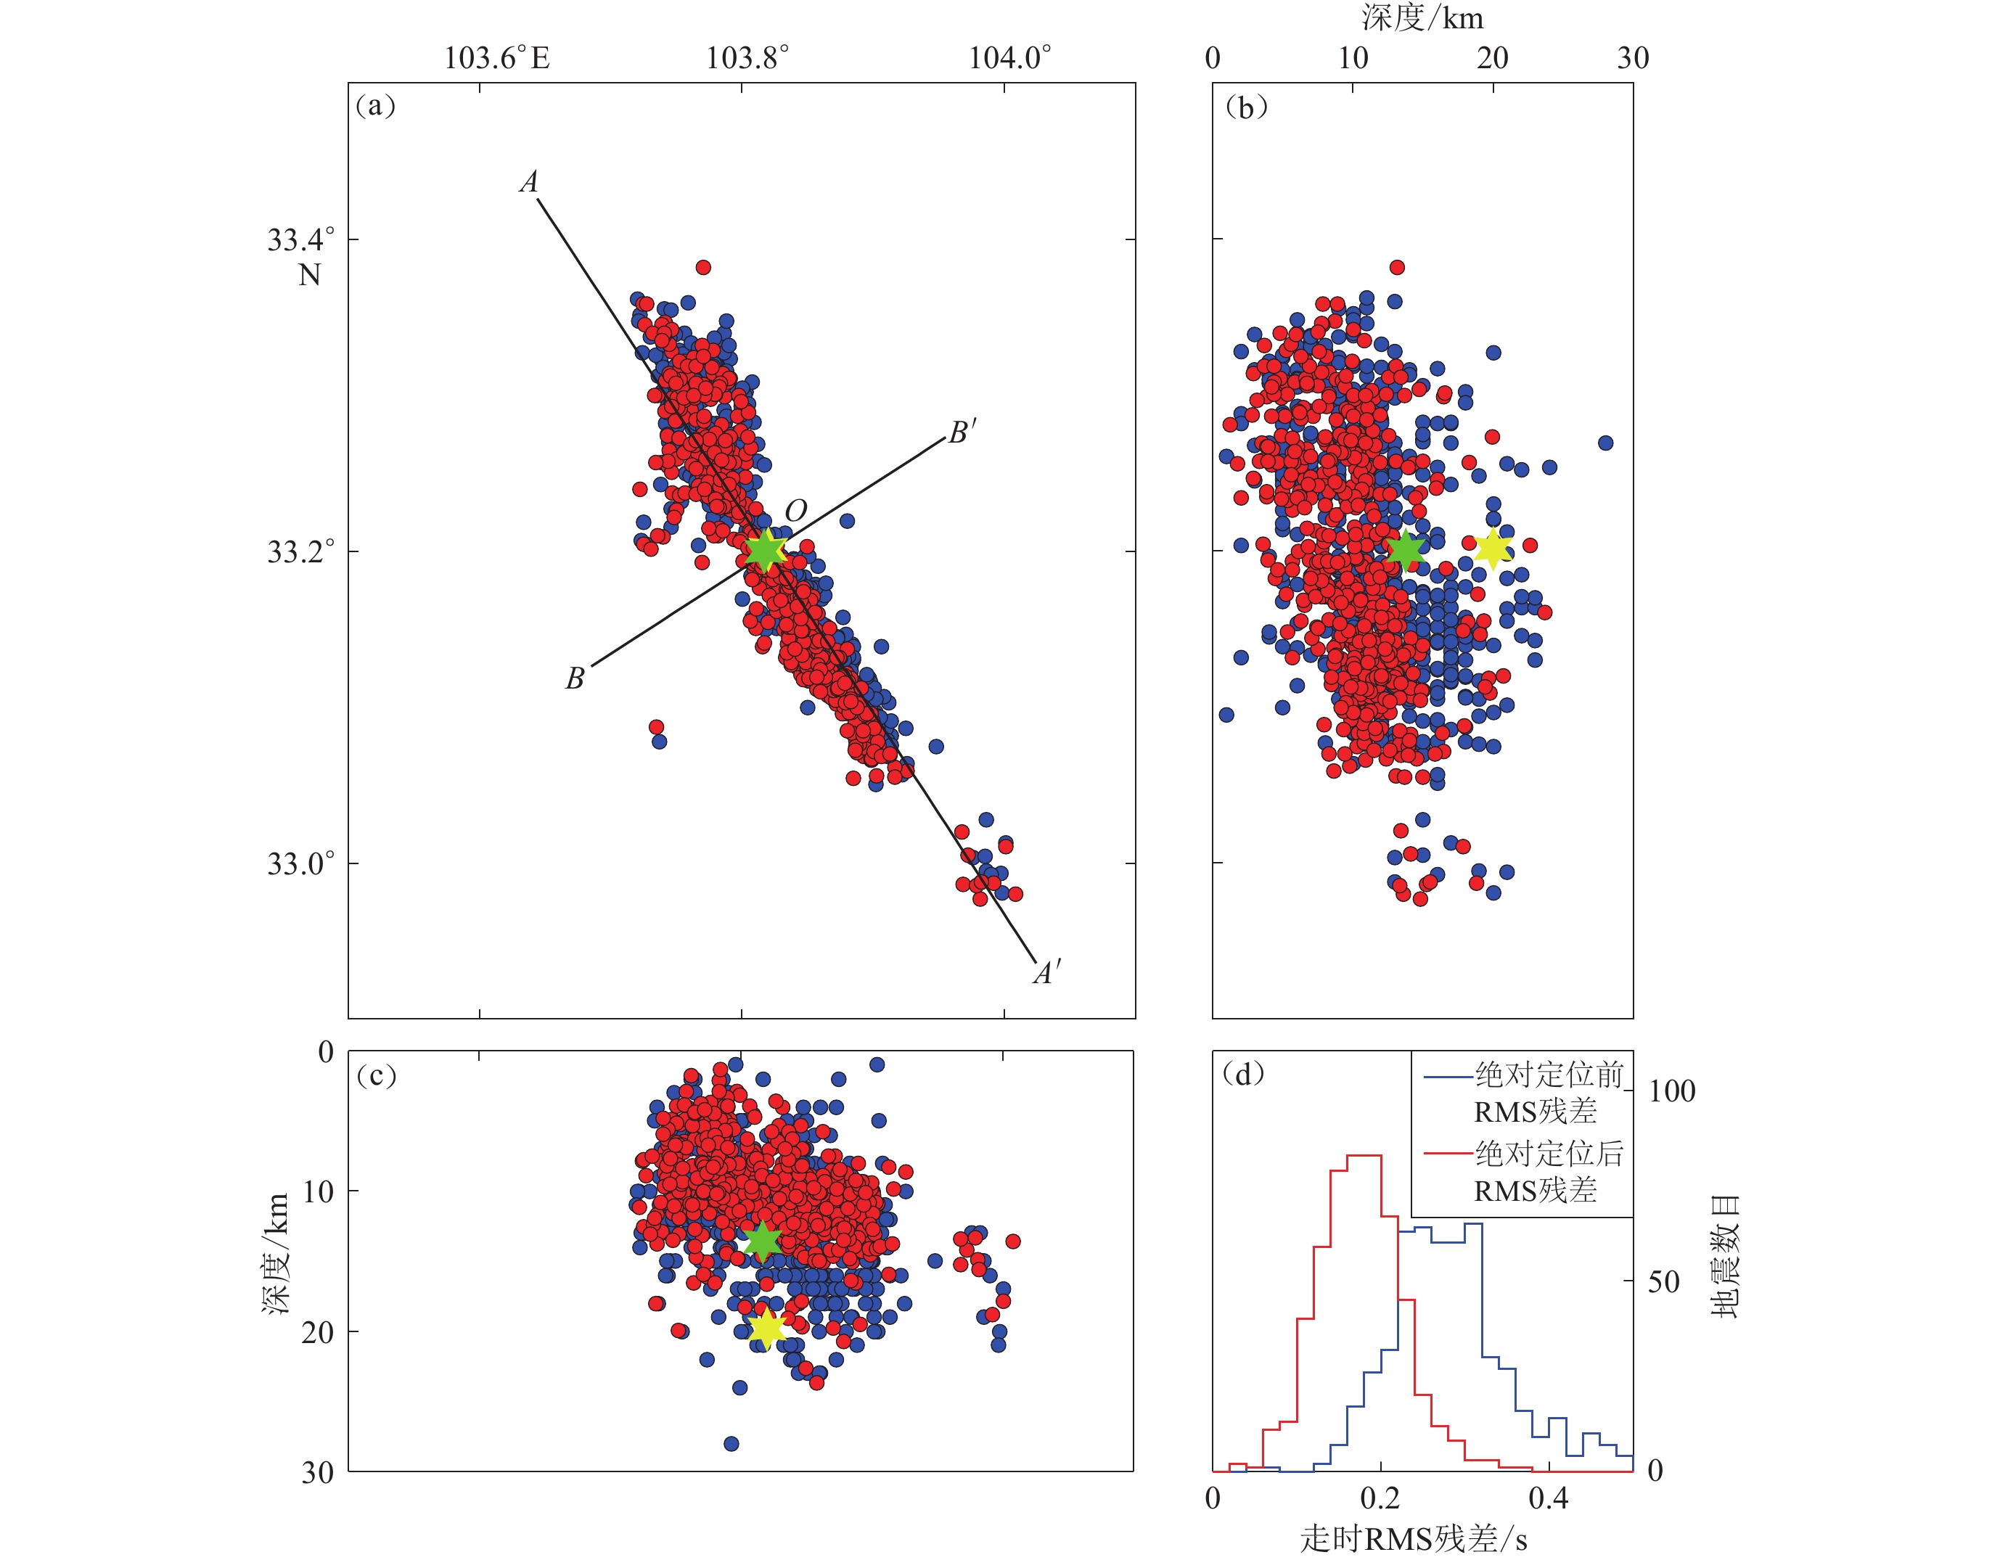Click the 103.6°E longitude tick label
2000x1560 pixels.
[x=496, y=59]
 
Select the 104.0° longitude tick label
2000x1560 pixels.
[x=1010, y=59]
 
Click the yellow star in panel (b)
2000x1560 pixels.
[x=1493, y=549]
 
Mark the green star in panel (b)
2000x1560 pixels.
[x=1406, y=550]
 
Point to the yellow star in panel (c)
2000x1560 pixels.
[x=766, y=1329]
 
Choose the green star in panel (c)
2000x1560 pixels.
[x=762, y=1241]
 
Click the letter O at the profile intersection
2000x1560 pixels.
[x=796, y=511]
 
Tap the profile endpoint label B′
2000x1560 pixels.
[x=962, y=432]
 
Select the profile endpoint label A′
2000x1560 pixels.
[x=1046, y=973]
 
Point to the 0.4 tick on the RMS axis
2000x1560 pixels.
[x=1548, y=1498]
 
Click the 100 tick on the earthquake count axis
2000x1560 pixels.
[x=1671, y=1091]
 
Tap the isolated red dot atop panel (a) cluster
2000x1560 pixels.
[x=703, y=267]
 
